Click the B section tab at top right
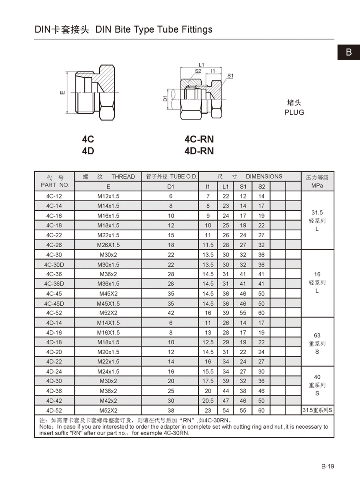[349, 52]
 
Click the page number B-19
[328, 466]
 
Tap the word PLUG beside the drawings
[294, 112]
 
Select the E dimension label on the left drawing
[63, 92]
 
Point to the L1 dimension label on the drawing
[201, 65]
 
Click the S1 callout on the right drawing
[231, 76]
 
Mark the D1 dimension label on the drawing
[165, 98]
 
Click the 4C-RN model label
[199, 139]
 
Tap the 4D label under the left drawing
[88, 151]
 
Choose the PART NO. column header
[55, 185]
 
